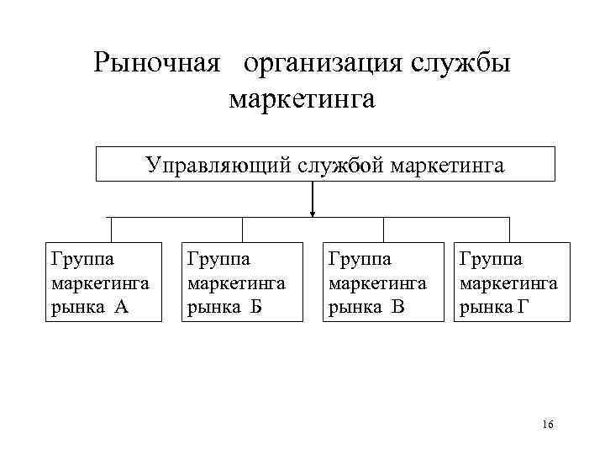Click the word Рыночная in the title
[x=156, y=63]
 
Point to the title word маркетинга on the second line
[x=302, y=99]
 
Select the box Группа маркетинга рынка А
[x=103, y=282]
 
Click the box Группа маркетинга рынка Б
[x=242, y=282]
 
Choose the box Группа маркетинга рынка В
[x=383, y=282]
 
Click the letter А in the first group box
[x=121, y=307]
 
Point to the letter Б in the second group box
[x=257, y=307]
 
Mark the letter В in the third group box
[x=398, y=307]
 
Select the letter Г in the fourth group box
[x=524, y=307]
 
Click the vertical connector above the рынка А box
[x=111, y=230]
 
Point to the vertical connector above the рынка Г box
[x=509, y=230]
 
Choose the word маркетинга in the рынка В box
[x=377, y=282]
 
